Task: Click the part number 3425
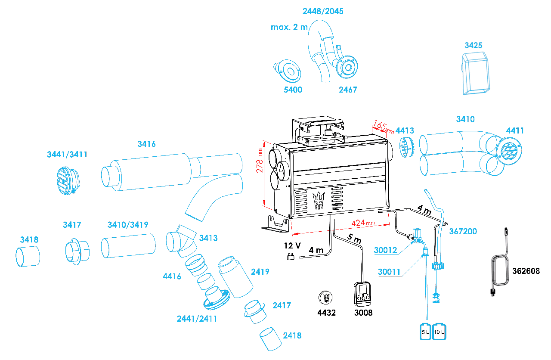tap(473, 45)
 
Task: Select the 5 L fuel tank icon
tap(425, 331)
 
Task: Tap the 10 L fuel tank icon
tap(439, 331)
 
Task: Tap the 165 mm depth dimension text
tap(383, 127)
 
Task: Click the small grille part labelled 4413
tap(406, 148)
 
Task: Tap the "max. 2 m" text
tap(289, 27)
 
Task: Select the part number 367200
tap(463, 231)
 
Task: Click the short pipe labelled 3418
tap(28, 257)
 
